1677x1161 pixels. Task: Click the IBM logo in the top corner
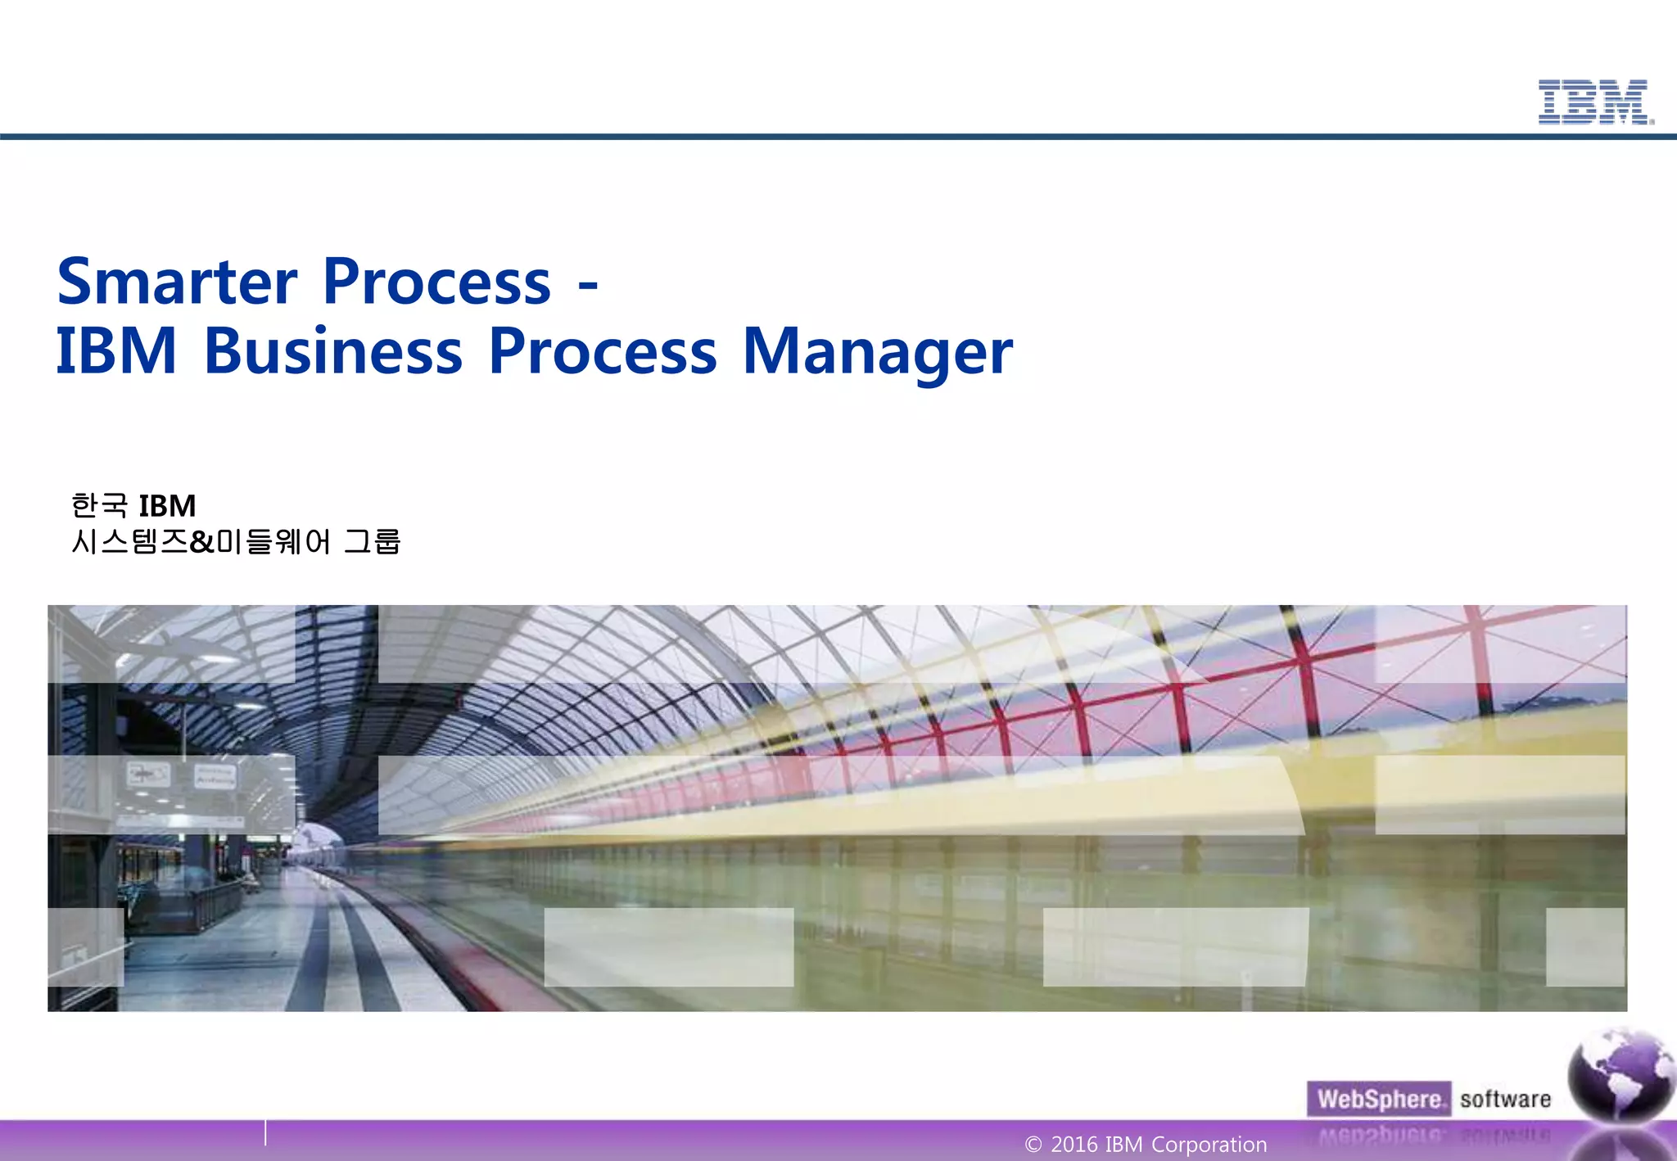click(1594, 102)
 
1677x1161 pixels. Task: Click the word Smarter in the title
click(176, 282)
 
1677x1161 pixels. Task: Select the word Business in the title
click(333, 352)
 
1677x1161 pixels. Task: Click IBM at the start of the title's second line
click(116, 352)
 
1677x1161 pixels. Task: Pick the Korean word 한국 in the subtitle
click(99, 506)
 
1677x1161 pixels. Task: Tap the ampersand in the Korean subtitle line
click(201, 542)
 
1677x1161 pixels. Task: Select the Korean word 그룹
click(372, 542)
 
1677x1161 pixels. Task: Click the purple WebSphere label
click(1379, 1099)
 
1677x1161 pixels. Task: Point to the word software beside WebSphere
click(1505, 1099)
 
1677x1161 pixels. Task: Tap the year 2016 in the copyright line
click(1074, 1145)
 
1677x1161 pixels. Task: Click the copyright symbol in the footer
click(1033, 1145)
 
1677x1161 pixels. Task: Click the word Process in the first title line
click(437, 282)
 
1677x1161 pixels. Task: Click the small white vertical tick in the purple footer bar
click(265, 1132)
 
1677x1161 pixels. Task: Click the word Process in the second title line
click(603, 352)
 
